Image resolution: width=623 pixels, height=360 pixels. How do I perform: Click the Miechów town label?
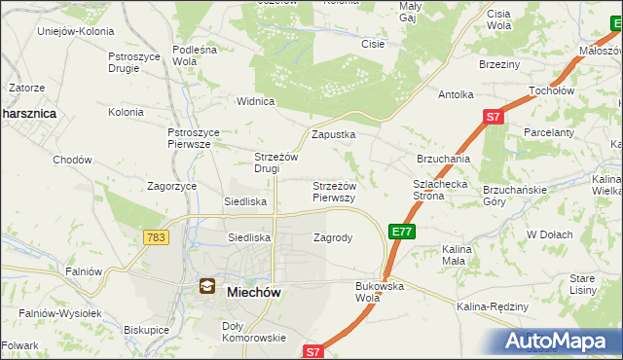(255, 290)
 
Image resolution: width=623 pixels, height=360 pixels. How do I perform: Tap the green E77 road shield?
(403, 231)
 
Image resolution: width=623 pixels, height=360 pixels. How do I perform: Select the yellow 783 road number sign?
(155, 236)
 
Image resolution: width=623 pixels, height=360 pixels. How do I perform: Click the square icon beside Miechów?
(207, 286)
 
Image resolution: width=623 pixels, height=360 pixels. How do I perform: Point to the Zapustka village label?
(333, 135)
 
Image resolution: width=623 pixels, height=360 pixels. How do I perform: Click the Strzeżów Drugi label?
(274, 162)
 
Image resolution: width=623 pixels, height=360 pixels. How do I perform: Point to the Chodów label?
(72, 160)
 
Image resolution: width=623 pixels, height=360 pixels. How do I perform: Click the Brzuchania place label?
(444, 158)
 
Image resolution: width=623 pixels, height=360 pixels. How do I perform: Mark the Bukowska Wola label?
(380, 292)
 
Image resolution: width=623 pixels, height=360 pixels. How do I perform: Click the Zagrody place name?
(332, 236)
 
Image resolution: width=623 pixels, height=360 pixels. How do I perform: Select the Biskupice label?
(148, 330)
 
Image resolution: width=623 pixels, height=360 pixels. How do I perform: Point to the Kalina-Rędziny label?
(492, 307)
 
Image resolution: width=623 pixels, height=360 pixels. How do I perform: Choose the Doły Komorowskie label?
(253, 332)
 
